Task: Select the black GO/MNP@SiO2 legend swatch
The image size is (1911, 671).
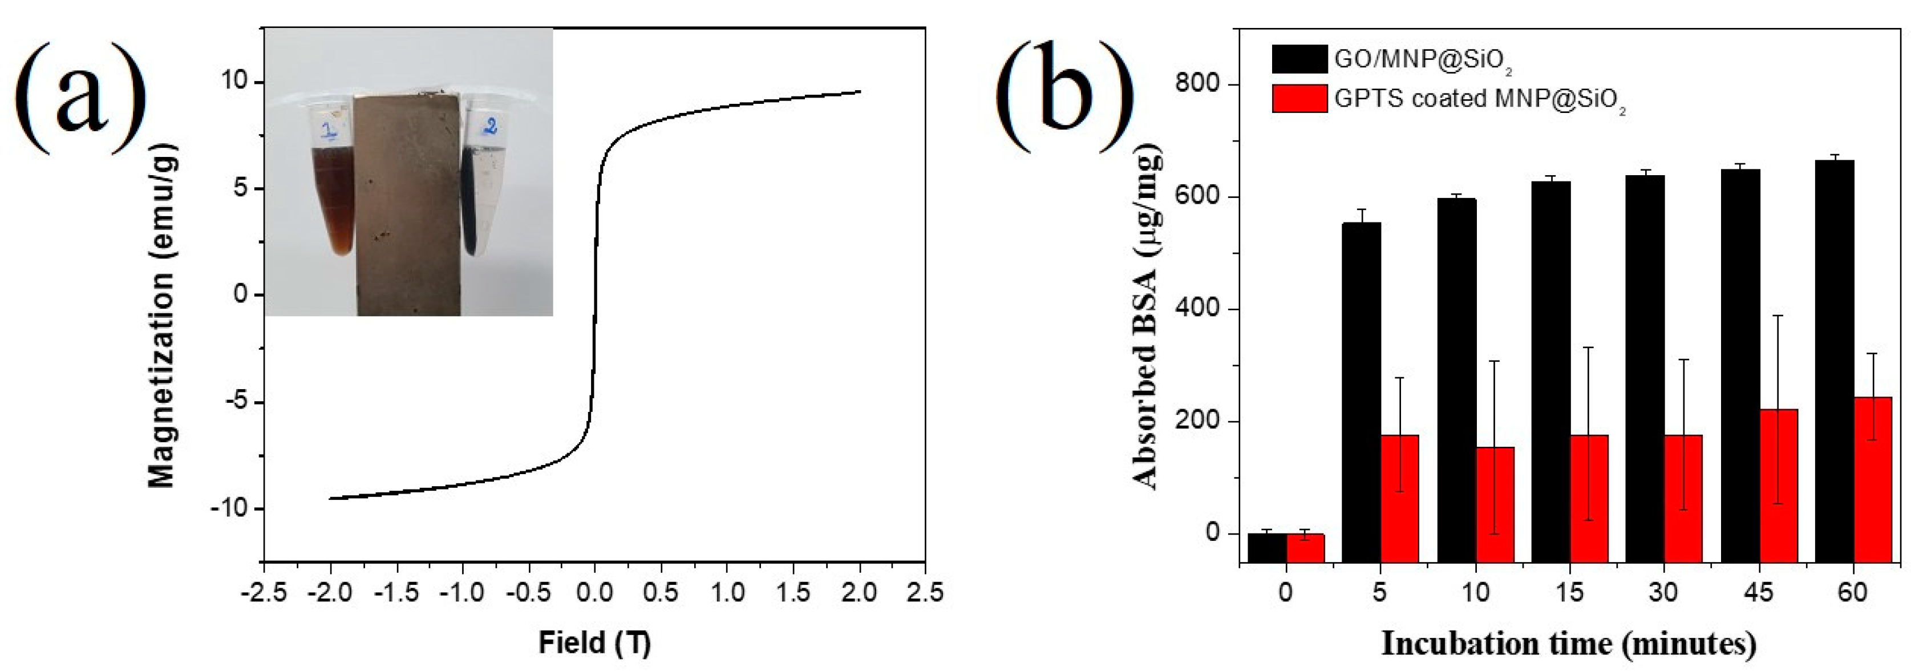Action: tap(1299, 59)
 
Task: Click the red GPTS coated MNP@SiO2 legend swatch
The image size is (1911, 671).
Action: tap(1299, 98)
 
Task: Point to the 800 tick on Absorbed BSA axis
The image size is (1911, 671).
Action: tap(1197, 84)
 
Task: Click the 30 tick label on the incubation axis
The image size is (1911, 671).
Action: tap(1662, 593)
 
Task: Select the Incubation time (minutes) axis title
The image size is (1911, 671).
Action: tap(1568, 643)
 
